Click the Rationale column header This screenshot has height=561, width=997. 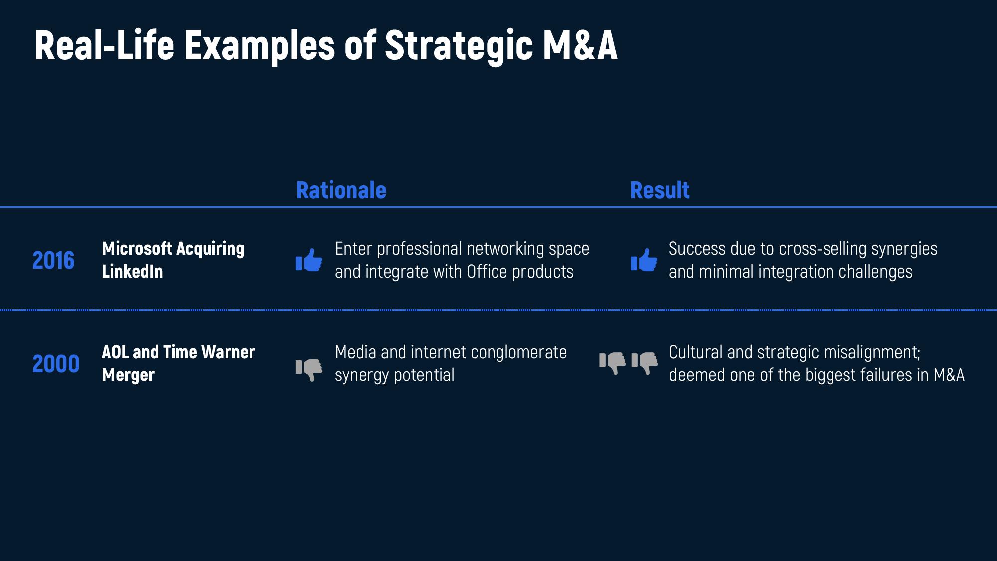[341, 190]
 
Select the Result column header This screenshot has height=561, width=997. [660, 190]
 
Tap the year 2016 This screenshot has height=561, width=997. [53, 260]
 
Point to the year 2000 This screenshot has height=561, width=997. [56, 364]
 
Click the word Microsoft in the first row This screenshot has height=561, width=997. [137, 248]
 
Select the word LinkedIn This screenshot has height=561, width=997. [132, 271]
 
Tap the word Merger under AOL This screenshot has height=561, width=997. [128, 375]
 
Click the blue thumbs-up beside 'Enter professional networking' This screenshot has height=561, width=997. [309, 260]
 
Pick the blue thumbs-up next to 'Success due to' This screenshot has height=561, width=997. [644, 260]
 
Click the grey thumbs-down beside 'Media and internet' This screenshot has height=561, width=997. [309, 370]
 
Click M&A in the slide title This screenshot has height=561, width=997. [580, 45]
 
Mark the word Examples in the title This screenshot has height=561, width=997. [259, 45]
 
